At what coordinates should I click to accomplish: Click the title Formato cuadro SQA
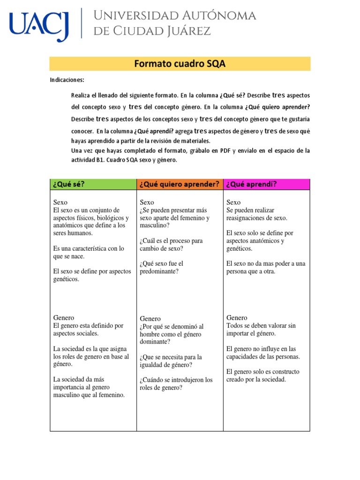[180, 64]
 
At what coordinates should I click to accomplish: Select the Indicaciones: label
[67, 80]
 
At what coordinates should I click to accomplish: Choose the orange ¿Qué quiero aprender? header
[180, 184]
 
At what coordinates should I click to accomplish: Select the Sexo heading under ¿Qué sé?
[61, 202]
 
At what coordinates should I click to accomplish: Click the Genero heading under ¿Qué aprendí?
[238, 318]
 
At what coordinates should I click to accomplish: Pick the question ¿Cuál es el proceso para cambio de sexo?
[171, 244]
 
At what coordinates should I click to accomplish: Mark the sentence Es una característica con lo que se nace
[89, 252]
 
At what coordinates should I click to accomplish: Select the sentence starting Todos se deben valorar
[261, 329]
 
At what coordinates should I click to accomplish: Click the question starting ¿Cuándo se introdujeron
[176, 383]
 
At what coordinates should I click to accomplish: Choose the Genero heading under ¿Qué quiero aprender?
[150, 319]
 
